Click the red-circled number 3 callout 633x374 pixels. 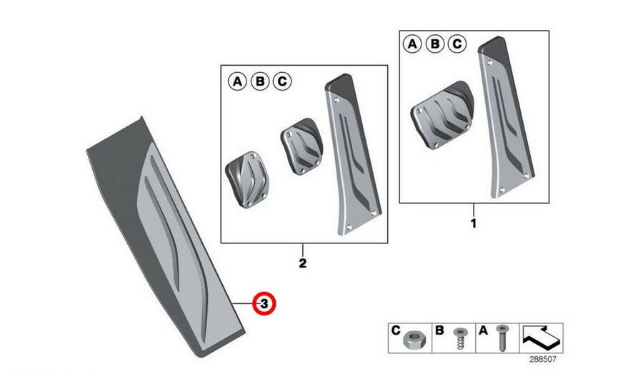click(264, 303)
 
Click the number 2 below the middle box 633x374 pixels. click(302, 263)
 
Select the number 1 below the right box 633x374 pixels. click(474, 223)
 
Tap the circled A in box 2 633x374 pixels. click(237, 81)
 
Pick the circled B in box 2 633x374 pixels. click(260, 81)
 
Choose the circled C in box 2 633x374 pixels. click(282, 81)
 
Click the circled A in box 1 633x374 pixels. click(412, 44)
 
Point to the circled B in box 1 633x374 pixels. click(435, 44)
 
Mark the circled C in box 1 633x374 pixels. click(457, 44)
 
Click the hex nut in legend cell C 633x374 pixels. click(412, 340)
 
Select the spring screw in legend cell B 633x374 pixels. click(459, 338)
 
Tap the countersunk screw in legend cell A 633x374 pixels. click(502, 338)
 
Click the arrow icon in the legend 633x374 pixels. click(542, 337)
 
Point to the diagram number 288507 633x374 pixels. click(542, 359)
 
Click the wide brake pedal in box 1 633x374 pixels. click(442, 116)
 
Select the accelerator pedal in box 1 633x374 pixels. click(507, 117)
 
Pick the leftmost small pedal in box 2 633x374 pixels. click(247, 180)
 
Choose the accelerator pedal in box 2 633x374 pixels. click(353, 154)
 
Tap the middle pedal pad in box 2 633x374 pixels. click(302, 146)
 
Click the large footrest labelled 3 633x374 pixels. click(166, 237)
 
